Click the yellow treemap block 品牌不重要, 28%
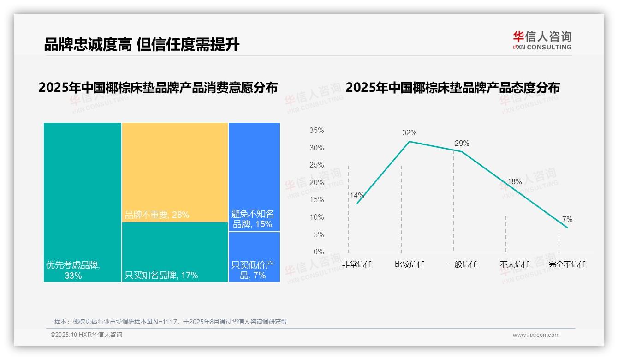click(175, 172)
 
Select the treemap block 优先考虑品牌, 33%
click(83, 202)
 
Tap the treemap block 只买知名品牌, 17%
click(175, 252)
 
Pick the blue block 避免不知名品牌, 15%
click(254, 177)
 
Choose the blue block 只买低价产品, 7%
click(254, 257)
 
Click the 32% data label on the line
click(409, 133)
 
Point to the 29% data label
click(462, 144)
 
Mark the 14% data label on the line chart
click(357, 195)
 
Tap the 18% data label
click(514, 182)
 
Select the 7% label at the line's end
click(567, 220)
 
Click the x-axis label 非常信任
click(357, 264)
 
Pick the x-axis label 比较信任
click(410, 264)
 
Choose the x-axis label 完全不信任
click(567, 264)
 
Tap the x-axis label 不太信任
click(515, 264)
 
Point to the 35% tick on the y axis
click(316, 131)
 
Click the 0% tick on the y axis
click(319, 252)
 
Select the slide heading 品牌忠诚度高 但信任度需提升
click(142, 44)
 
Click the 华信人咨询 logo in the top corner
click(542, 40)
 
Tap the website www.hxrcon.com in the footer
click(536, 335)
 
